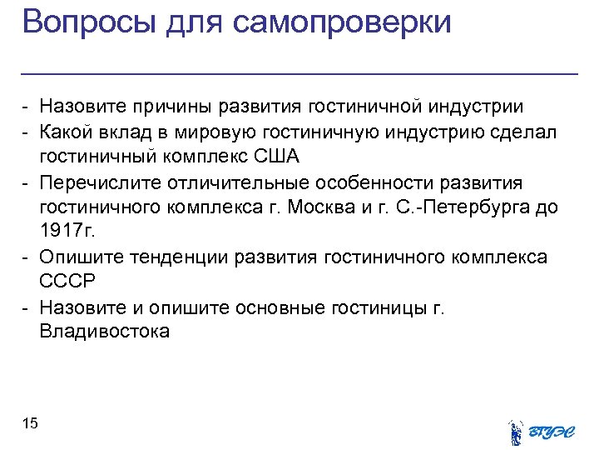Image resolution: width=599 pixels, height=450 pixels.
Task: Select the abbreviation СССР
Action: pos(67,282)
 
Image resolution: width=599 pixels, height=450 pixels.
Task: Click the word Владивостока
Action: pos(104,332)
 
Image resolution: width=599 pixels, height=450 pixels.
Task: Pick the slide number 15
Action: pos(30,424)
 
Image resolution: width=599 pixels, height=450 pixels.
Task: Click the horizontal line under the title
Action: pos(299,74)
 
